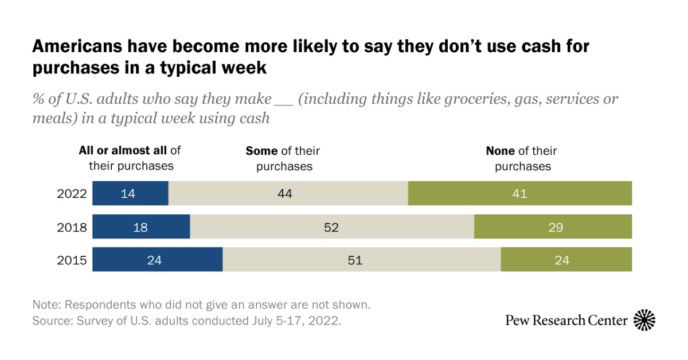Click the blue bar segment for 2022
tap(130, 194)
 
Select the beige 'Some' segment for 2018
tap(332, 227)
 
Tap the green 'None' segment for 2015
tap(566, 260)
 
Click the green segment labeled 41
tap(519, 194)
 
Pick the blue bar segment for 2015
tap(157, 260)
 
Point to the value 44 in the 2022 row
tap(285, 194)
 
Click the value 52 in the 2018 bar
tap(331, 227)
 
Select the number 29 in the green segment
tap(555, 227)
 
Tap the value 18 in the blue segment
tap(140, 227)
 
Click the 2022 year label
tap(72, 194)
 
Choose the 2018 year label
tap(72, 227)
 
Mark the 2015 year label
tap(72, 260)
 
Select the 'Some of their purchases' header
tap(283, 158)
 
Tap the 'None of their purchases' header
tap(522, 158)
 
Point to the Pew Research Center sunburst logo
tap(644, 320)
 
